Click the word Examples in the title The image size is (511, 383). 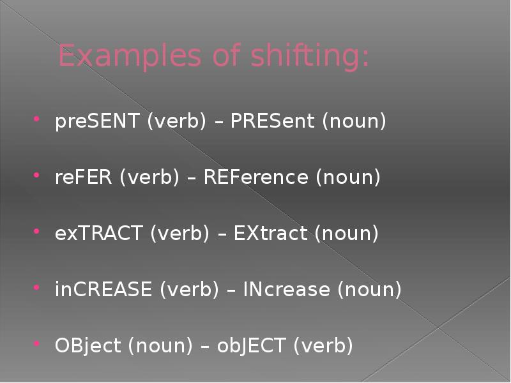point(130,56)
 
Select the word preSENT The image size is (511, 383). point(98,121)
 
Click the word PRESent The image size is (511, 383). point(273,121)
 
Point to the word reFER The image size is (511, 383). point(84,177)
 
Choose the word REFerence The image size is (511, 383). point(256,177)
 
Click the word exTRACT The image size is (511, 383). point(99,233)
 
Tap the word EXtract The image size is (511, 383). point(270,233)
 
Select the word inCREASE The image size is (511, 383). point(103,289)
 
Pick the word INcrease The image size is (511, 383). point(286,289)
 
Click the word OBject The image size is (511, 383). point(88,346)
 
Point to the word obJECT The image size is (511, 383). point(251,346)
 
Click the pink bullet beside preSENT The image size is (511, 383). point(36,119)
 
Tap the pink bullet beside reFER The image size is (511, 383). point(36,175)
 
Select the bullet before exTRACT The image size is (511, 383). point(36,231)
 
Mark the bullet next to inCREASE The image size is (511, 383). point(36,287)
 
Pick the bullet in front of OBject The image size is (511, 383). point(36,343)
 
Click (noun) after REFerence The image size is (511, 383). point(348,177)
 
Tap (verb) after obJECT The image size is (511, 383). point(323,346)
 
